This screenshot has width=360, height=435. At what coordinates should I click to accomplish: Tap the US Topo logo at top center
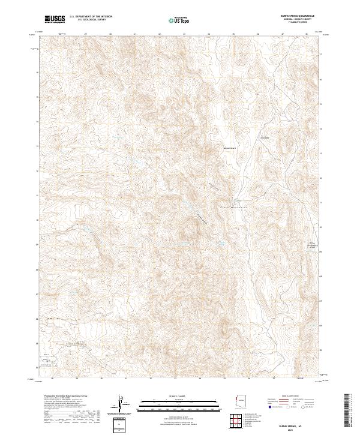[x=180, y=20]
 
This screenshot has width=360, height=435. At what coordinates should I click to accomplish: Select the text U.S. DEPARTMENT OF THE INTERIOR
[x=90, y=17]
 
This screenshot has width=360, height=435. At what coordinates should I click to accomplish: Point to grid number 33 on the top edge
[x=184, y=34]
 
